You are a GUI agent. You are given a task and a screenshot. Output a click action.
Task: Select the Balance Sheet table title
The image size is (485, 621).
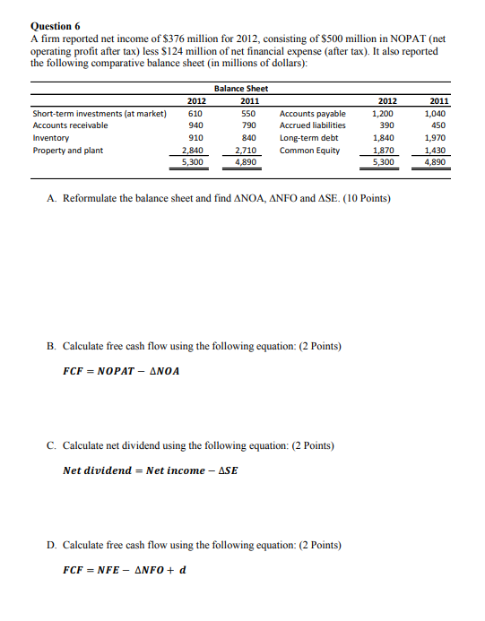pos(241,88)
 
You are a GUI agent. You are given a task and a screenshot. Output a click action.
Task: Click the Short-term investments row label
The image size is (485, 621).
pos(99,114)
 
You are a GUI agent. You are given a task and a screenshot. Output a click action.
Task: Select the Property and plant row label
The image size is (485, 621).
pos(67,151)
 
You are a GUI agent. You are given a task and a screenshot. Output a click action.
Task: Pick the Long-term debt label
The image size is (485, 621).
pos(308,138)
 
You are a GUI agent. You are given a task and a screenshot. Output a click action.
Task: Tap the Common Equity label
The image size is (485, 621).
pos(309,151)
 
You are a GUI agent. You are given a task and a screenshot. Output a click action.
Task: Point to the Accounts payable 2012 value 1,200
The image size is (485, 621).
pos(382,114)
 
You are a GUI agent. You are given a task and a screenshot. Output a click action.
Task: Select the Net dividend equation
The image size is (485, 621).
pos(152,470)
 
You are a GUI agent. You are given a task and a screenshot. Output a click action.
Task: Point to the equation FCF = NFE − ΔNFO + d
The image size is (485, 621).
pos(125,569)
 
